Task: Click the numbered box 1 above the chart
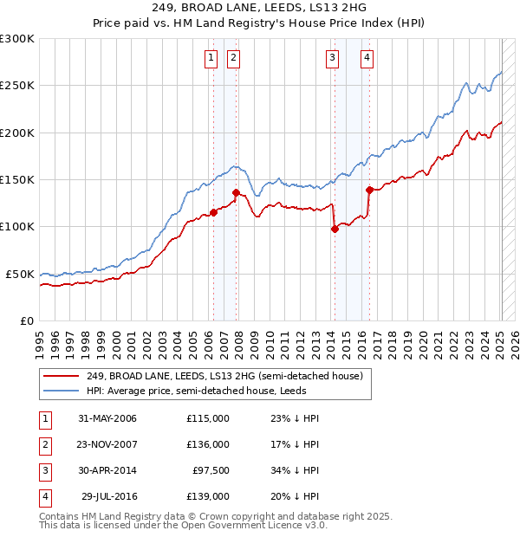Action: pyautogui.click(x=211, y=58)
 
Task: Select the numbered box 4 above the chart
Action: pyautogui.click(x=367, y=58)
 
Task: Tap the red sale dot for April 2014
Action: pyautogui.click(x=335, y=229)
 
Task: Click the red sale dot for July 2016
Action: pyautogui.click(x=369, y=190)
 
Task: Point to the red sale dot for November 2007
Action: pyautogui.click(x=236, y=192)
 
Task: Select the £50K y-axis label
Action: pyautogui.click(x=20, y=274)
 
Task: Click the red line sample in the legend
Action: pyautogui.click(x=62, y=376)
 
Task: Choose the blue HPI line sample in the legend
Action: pyautogui.click(x=62, y=391)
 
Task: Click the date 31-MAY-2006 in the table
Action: pyautogui.click(x=107, y=418)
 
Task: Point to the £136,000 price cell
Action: pyautogui.click(x=208, y=444)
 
